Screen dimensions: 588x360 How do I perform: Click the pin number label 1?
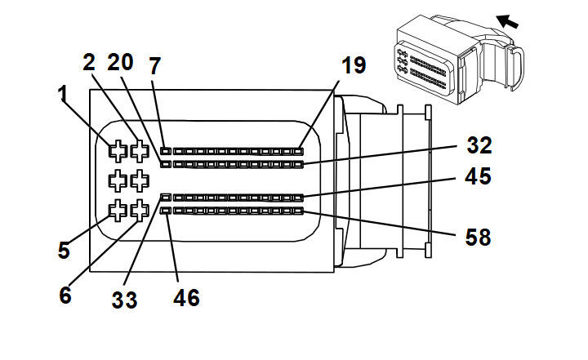64,93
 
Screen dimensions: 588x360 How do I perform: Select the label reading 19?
354,65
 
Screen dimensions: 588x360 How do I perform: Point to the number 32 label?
479,145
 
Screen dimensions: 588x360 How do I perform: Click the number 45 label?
478,176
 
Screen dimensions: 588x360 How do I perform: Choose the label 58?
478,238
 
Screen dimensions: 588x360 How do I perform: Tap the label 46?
186,298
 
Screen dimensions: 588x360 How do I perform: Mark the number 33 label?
124,300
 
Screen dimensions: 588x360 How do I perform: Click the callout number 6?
65,296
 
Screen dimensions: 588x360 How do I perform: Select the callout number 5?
65,251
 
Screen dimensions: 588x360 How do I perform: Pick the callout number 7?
155,66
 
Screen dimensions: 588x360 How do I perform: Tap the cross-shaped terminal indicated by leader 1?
118,151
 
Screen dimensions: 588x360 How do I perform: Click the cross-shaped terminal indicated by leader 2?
140,151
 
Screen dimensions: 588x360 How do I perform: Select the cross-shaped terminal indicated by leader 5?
118,210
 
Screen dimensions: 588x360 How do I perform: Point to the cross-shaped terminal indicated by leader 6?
140,210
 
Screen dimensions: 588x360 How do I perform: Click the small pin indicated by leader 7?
166,151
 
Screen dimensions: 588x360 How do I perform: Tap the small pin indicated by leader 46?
166,211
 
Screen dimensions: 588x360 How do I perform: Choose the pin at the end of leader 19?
298,151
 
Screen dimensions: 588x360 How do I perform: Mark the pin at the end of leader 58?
298,211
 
